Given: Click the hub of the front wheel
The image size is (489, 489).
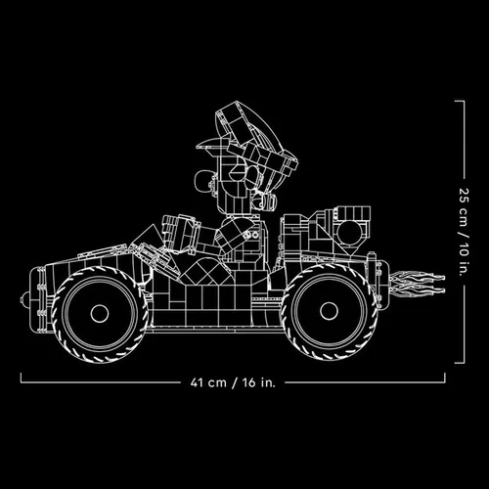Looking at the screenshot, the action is pos(100,313).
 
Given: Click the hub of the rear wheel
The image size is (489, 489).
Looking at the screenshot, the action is pos(329,311).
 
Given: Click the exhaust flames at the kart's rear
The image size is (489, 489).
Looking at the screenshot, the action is pos(418,283).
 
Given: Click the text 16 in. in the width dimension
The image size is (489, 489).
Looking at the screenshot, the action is pos(259,382).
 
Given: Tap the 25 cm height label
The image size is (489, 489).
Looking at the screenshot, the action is pos(464,207).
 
